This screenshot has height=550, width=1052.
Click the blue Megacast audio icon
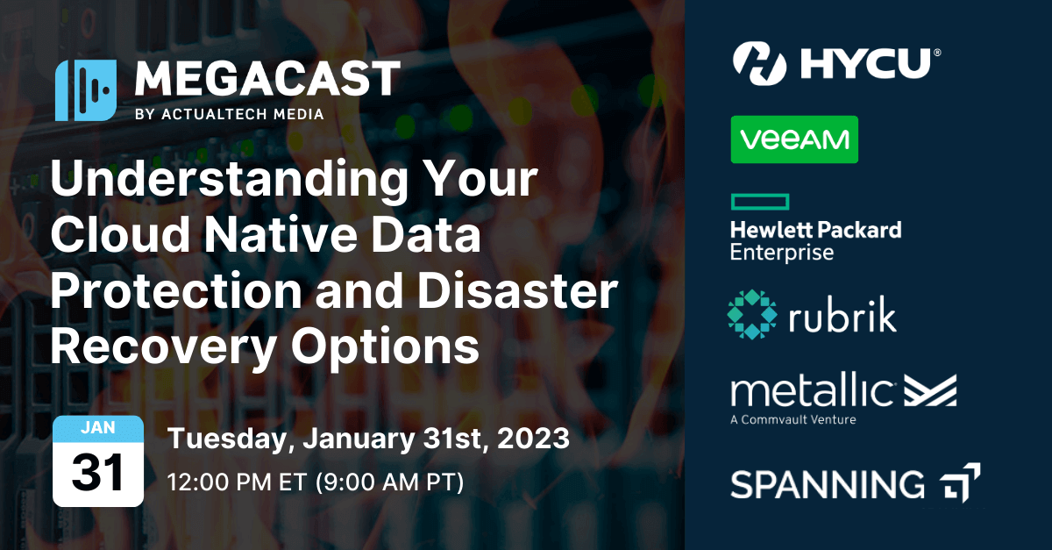85,90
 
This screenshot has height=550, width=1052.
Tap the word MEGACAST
267,81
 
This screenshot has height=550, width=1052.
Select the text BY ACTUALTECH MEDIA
230,114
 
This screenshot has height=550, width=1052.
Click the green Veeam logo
794,139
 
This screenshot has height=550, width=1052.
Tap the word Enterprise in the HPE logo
781,253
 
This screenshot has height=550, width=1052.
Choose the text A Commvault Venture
793,419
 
